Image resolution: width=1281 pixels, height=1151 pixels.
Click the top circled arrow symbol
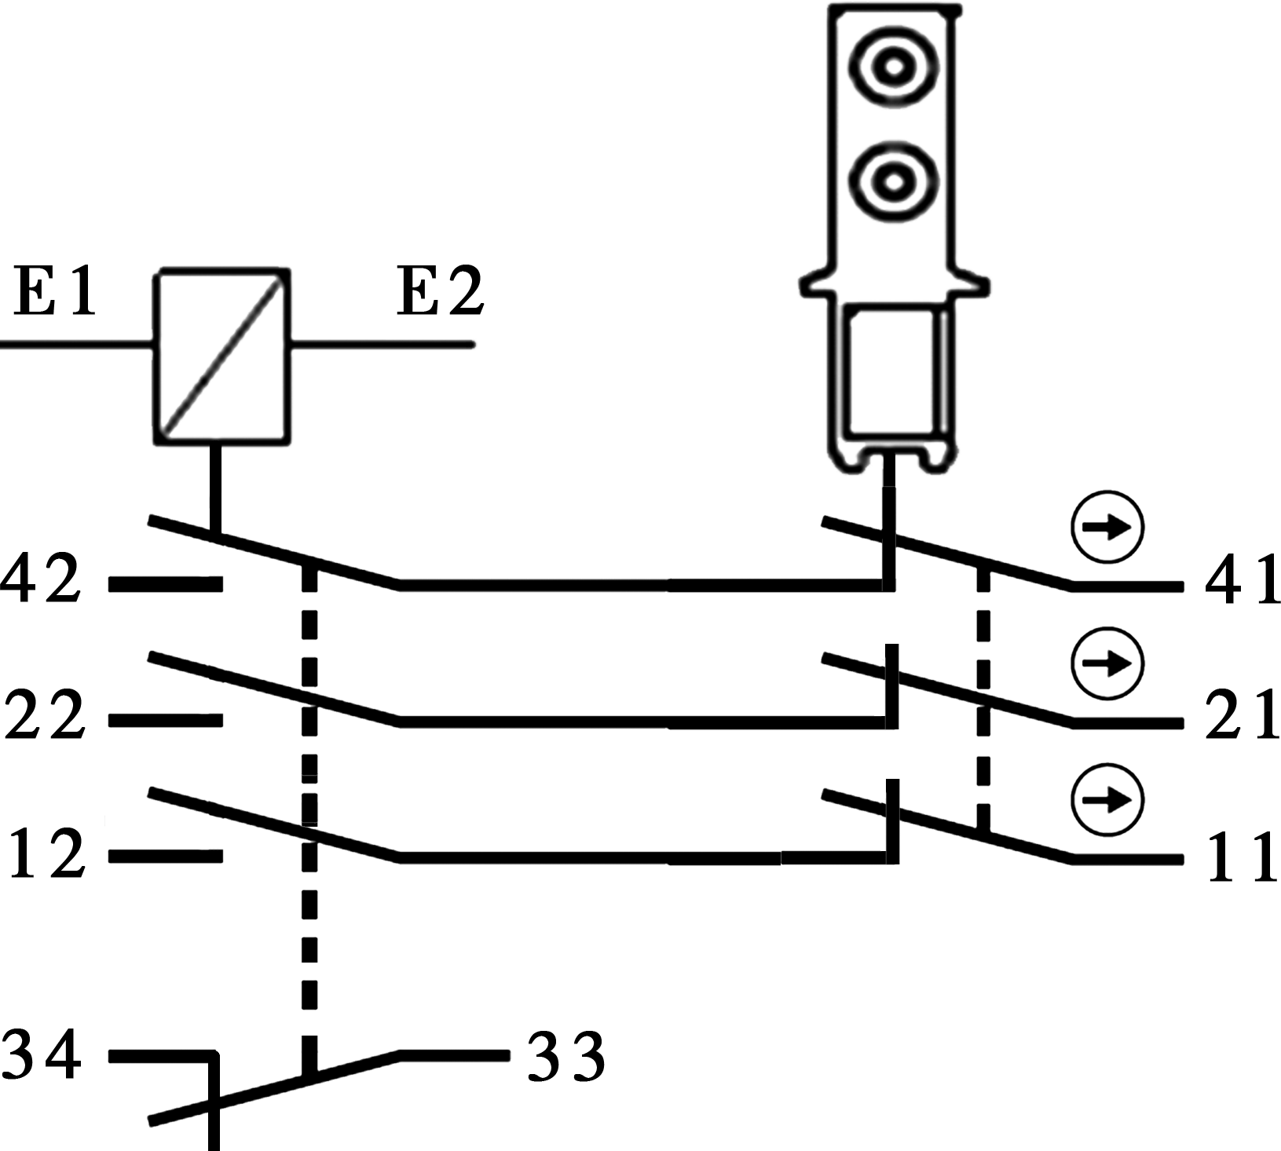(x=1107, y=528)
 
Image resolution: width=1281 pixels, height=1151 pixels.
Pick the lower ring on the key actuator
(x=892, y=182)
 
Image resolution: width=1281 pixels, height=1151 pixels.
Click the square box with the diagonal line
(x=221, y=357)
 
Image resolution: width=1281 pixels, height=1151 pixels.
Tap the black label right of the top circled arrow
(x=1242, y=579)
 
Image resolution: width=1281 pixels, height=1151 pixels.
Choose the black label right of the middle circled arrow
(x=1242, y=714)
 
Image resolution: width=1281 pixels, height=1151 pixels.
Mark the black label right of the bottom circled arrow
(x=1243, y=857)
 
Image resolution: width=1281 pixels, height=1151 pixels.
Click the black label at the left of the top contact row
(x=41, y=578)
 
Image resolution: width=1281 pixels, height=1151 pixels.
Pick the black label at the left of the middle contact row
(x=45, y=714)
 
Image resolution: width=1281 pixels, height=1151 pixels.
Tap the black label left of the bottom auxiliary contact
(x=41, y=1054)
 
